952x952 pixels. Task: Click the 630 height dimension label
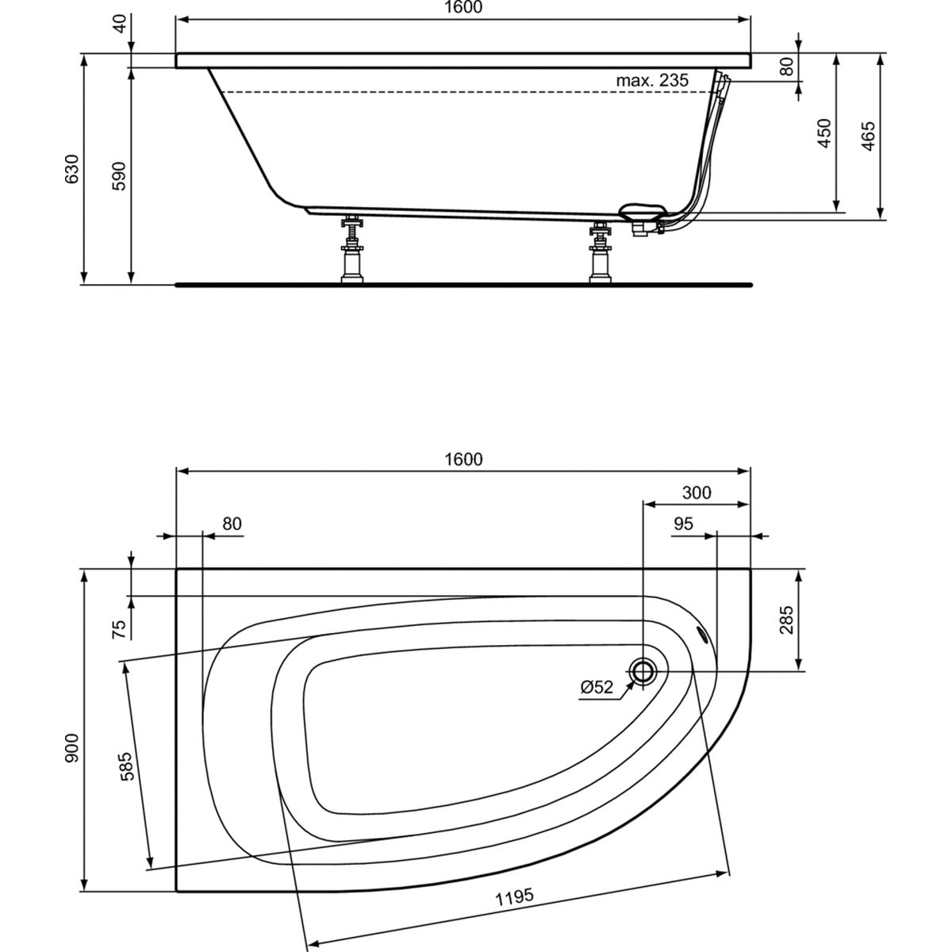tap(72, 169)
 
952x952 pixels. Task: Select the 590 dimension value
tap(120, 176)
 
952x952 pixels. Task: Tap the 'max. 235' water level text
tap(651, 80)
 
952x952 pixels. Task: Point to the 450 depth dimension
tap(824, 133)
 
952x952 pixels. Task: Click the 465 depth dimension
tap(868, 136)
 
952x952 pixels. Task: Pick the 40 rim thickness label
tap(120, 23)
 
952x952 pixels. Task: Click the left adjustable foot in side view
tap(352, 248)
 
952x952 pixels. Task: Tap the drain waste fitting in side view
tap(643, 220)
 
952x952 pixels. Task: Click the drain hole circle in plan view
tap(643, 671)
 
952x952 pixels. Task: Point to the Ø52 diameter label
tap(597, 687)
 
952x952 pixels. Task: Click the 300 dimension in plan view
tap(697, 493)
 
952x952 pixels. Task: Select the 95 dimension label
tap(684, 523)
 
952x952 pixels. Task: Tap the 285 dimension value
tap(786, 620)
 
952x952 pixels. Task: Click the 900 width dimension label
tap(72, 748)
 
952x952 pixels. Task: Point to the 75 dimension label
tap(120, 629)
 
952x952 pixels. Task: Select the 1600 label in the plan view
tap(463, 459)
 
